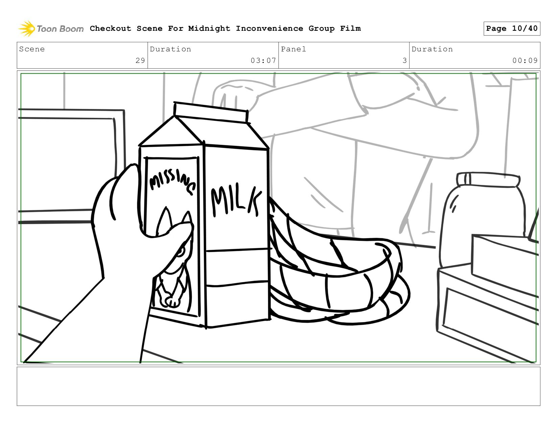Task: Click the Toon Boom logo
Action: click(x=51, y=28)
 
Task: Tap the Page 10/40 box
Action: click(x=512, y=28)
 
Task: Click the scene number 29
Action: click(x=140, y=61)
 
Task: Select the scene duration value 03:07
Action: click(x=263, y=61)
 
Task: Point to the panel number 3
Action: click(x=404, y=61)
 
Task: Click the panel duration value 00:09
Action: click(x=525, y=61)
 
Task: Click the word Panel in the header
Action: click(x=293, y=49)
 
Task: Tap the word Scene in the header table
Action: click(x=32, y=49)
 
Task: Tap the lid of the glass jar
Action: click(x=488, y=180)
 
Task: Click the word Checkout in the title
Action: click(x=111, y=28)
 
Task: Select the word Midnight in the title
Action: click(x=209, y=28)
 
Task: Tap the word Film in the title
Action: click(x=350, y=28)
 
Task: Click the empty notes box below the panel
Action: click(x=279, y=386)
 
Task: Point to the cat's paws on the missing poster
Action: click(x=171, y=301)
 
